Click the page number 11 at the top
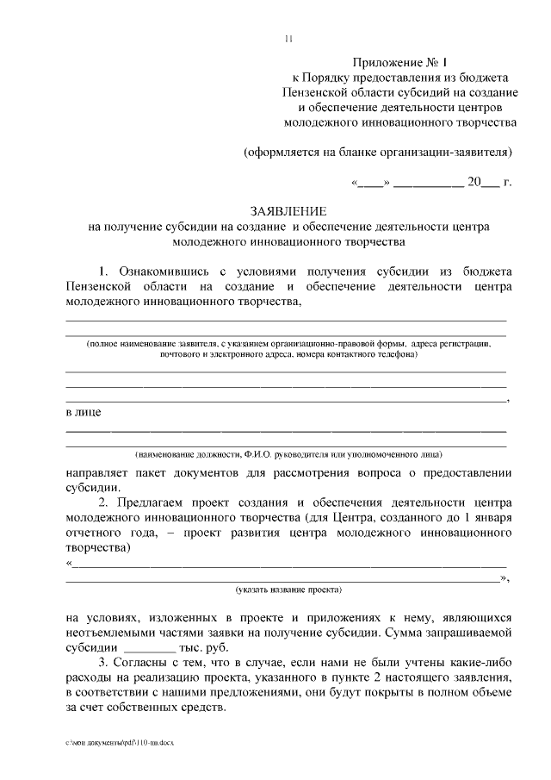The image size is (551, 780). pyautogui.click(x=288, y=39)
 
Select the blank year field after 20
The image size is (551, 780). pyautogui.click(x=489, y=183)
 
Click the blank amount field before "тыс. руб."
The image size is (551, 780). pyautogui.click(x=150, y=647)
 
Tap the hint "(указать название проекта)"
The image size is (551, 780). pyautogui.click(x=288, y=590)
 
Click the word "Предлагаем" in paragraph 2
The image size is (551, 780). pyautogui.click(x=155, y=502)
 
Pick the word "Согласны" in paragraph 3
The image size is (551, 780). pyautogui.click(x=146, y=662)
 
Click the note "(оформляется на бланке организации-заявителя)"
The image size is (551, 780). pyautogui.click(x=379, y=153)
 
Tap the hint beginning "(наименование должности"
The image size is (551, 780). pyautogui.click(x=288, y=452)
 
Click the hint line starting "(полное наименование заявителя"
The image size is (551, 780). pyautogui.click(x=288, y=343)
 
